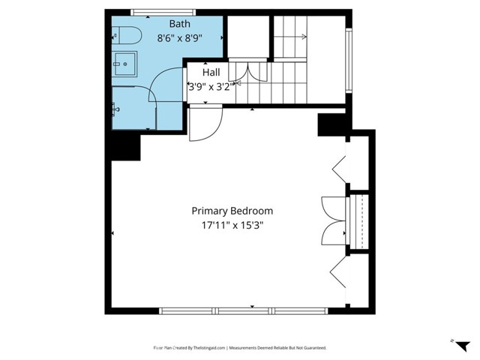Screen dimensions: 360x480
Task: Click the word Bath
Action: [169, 24]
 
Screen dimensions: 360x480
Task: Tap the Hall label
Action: [211, 73]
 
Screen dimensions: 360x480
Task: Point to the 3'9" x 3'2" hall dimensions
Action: [211, 85]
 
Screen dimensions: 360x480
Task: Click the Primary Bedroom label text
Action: [232, 211]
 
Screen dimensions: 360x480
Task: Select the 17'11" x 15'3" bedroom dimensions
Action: [232, 224]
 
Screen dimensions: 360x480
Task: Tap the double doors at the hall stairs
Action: [247, 72]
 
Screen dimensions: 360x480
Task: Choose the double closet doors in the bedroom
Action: [333, 220]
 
